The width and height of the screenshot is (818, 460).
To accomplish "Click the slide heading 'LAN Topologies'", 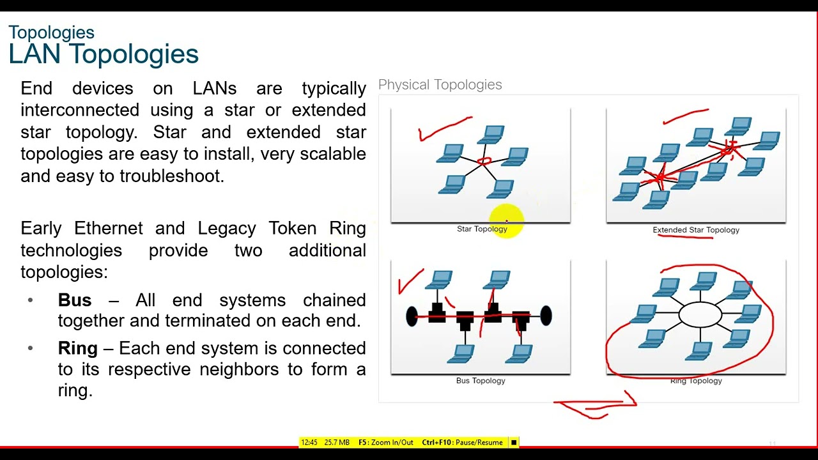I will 104,54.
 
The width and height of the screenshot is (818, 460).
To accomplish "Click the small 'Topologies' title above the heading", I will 51,33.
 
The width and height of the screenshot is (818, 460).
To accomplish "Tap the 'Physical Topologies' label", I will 440,85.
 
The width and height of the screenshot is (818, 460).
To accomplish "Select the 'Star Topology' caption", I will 481,229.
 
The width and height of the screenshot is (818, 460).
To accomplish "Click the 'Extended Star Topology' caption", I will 695,230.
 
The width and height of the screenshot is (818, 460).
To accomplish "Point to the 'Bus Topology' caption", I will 481,381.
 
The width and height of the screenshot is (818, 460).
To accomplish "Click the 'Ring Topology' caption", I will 696,381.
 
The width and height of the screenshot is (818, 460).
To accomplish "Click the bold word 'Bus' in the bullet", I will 74,300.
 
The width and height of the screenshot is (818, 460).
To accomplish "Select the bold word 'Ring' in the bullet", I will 77,349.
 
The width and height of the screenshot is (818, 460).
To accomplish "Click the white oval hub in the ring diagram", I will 700,314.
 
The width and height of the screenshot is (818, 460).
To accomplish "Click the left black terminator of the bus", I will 412,316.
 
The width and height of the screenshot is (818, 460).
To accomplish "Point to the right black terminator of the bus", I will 546,316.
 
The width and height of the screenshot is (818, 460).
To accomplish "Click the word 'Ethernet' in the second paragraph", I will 108,229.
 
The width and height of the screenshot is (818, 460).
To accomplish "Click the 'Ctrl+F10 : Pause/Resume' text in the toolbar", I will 462,443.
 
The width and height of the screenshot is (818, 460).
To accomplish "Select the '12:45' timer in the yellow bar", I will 309,443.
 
